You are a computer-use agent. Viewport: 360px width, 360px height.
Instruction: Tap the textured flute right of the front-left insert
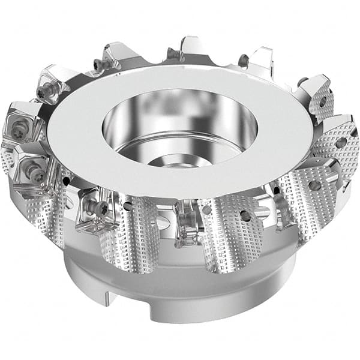[x=129, y=234]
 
